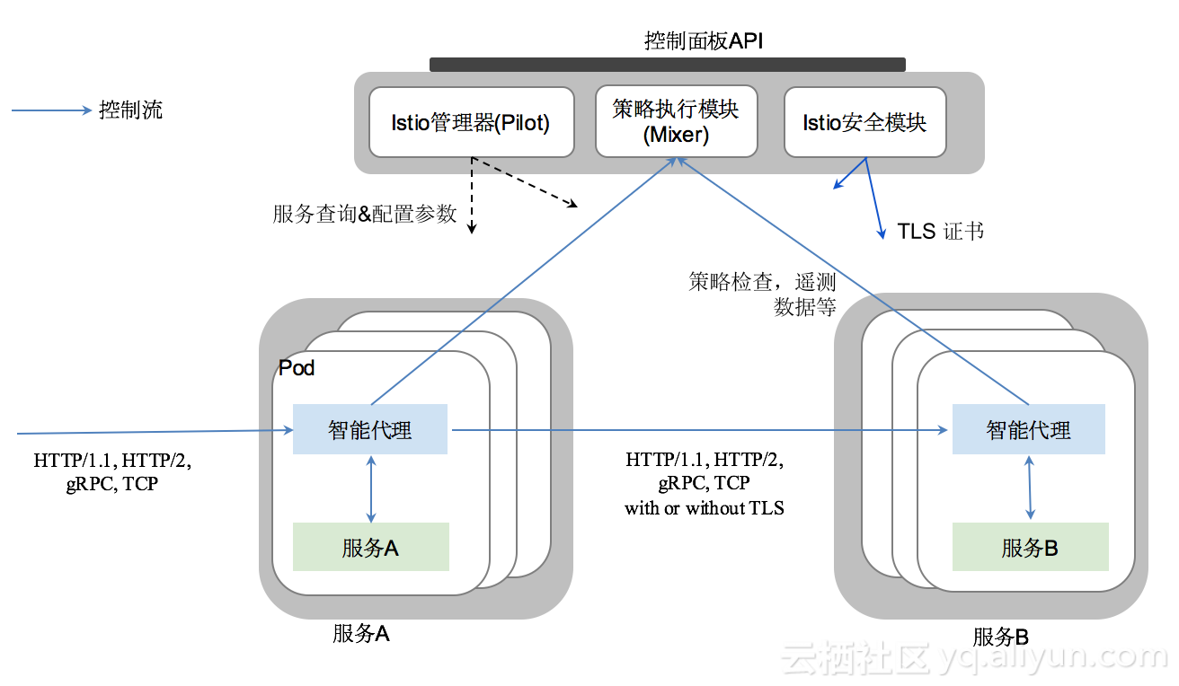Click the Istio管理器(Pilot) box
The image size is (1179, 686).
click(x=471, y=122)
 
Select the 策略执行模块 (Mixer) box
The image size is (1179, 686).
click(x=676, y=122)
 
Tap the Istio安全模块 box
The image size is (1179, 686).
click(x=864, y=122)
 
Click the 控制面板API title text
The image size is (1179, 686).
click(x=704, y=41)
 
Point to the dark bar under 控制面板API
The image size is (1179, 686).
click(x=667, y=65)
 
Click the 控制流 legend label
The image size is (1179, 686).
click(x=131, y=110)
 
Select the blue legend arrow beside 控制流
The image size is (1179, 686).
click(x=51, y=110)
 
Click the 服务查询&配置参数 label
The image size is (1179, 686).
click(x=365, y=214)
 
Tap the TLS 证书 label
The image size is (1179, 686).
click(x=940, y=232)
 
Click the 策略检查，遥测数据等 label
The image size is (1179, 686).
click(x=763, y=294)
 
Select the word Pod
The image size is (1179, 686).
click(x=297, y=368)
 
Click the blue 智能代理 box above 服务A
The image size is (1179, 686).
click(x=370, y=430)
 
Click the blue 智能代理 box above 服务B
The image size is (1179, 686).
click(x=1028, y=430)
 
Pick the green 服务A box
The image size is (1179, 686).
click(x=370, y=548)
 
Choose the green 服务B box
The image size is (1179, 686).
click(x=1030, y=548)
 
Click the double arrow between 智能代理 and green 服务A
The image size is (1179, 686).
click(x=371, y=488)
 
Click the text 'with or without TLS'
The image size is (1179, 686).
click(x=705, y=508)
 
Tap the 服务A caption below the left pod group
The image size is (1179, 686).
click(x=361, y=634)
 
